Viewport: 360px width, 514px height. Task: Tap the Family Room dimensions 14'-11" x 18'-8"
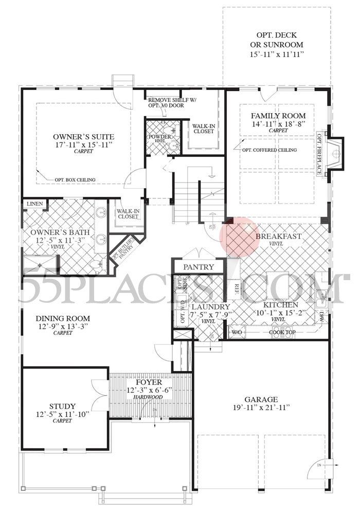pyautogui.click(x=278, y=124)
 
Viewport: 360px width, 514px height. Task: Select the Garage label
pyautogui.click(x=261, y=399)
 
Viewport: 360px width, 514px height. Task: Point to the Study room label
pyautogui.click(x=63, y=406)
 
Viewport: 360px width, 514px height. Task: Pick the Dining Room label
pyautogui.click(x=63, y=318)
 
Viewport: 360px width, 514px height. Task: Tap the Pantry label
pyautogui.click(x=198, y=267)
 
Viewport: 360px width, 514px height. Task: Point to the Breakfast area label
pyautogui.click(x=278, y=236)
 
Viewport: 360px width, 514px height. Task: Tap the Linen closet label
pyautogui.click(x=35, y=204)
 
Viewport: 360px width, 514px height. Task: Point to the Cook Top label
pyautogui.click(x=282, y=332)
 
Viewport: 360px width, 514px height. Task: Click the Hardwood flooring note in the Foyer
pyautogui.click(x=149, y=397)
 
